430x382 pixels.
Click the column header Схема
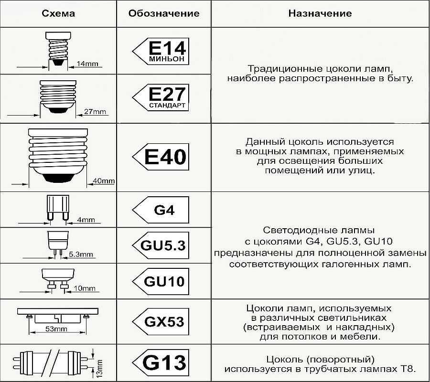[x=58, y=13]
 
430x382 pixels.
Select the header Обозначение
[x=164, y=13]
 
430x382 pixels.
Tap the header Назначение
[x=320, y=13]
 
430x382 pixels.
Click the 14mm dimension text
[x=87, y=64]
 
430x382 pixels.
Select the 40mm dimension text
[x=104, y=181]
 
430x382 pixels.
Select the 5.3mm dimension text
[x=81, y=254]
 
